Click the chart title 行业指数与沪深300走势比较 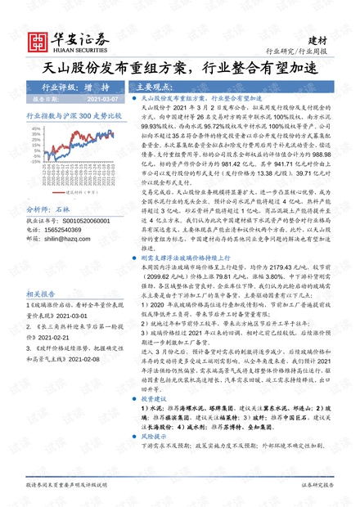click(74, 117)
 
